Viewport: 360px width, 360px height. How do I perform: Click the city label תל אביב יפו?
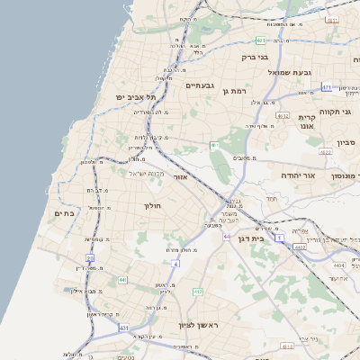point(136,96)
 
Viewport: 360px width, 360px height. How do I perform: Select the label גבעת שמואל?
point(289,72)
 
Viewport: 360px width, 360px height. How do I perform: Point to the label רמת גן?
point(238,91)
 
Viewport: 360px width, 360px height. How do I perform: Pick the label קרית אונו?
point(308,122)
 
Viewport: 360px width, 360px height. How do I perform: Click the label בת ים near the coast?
point(64,213)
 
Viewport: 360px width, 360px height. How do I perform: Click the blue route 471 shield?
point(328,87)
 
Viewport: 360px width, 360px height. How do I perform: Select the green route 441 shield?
point(120,281)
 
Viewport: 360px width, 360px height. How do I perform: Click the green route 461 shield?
point(214,145)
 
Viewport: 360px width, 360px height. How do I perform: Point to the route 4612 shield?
point(283,115)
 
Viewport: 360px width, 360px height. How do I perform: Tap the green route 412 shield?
point(198,292)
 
